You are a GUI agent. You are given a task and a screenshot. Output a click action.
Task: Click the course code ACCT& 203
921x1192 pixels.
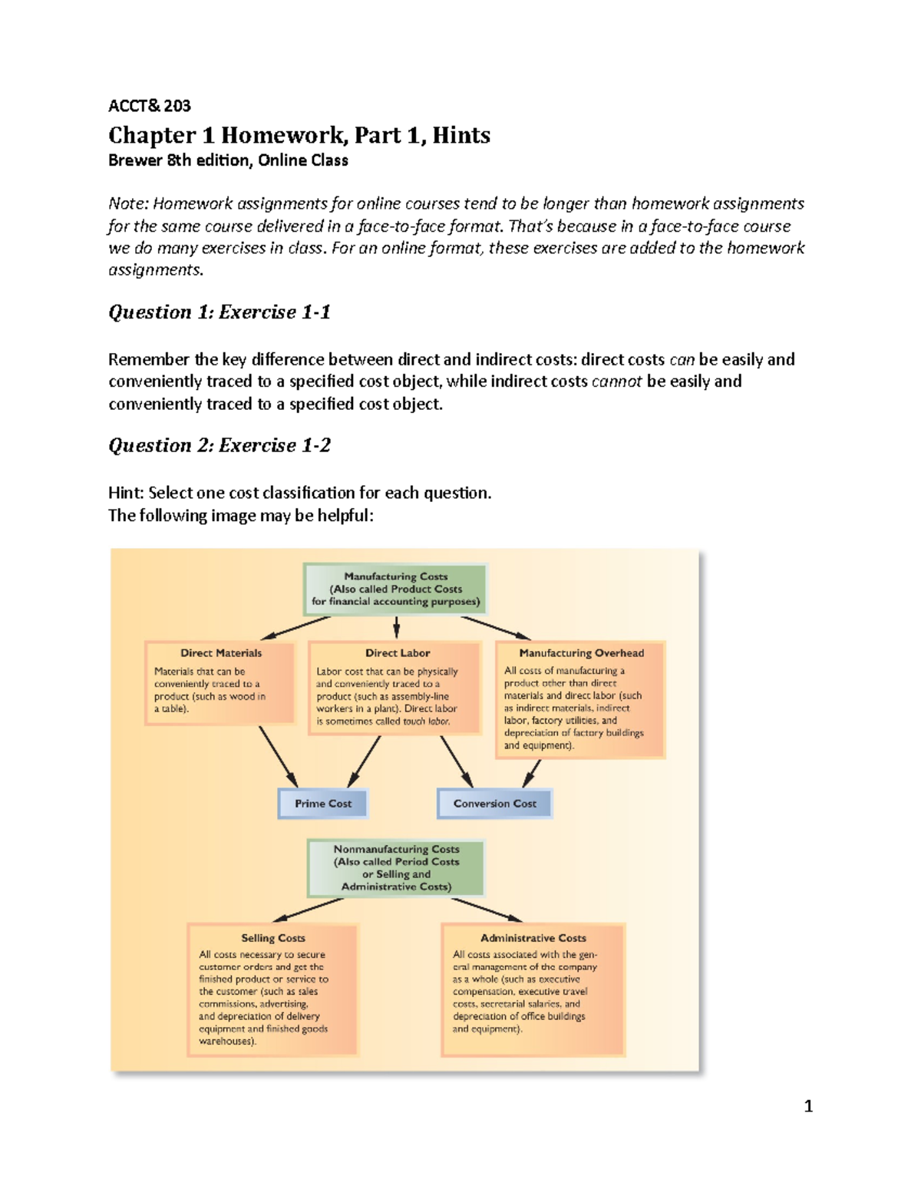[149, 106]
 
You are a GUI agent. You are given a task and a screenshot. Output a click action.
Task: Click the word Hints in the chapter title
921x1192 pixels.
[460, 135]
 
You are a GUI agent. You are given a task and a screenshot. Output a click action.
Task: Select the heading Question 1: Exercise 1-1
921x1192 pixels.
[220, 312]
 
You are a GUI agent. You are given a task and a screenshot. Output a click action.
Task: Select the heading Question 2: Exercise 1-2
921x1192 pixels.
[220, 446]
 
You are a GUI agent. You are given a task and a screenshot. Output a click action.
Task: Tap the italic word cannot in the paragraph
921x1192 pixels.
[616, 381]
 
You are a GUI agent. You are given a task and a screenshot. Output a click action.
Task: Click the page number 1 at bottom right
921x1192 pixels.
[807, 1106]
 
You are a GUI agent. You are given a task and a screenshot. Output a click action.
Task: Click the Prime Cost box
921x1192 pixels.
[323, 804]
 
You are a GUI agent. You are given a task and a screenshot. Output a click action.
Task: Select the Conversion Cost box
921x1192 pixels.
[494, 804]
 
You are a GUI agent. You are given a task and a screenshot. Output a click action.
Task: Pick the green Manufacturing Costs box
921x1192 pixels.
[396, 589]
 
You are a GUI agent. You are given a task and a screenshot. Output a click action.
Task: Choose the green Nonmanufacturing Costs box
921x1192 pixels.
[396, 868]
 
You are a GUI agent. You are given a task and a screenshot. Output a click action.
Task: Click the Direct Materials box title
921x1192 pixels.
[221, 653]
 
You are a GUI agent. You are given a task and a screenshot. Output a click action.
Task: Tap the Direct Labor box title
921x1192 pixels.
[397, 653]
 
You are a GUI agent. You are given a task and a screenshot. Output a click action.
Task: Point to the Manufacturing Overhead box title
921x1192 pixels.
[581, 653]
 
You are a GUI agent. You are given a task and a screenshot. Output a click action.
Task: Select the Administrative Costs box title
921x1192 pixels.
[533, 938]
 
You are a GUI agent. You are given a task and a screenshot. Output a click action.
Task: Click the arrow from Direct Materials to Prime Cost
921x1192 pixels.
[279, 757]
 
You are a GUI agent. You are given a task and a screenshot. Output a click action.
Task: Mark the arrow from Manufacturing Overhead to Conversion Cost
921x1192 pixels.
[533, 773]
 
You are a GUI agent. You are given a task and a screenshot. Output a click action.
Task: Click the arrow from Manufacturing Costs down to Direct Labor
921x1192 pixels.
[397, 626]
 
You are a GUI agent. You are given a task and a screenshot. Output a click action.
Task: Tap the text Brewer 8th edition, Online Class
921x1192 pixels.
[228, 160]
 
